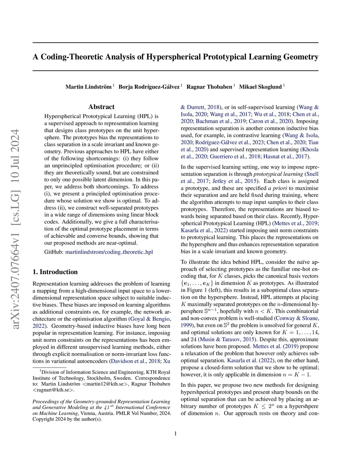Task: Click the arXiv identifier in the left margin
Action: point(15,229)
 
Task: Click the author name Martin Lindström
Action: point(88,87)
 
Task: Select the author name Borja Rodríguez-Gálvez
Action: point(149,87)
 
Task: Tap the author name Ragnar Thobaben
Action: point(209,87)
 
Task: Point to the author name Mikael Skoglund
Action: point(260,87)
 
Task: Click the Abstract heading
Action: point(101,107)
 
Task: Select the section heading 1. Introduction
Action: point(55,272)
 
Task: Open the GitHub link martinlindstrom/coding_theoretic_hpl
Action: point(109,252)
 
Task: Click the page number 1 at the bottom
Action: point(175,434)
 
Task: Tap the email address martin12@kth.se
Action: point(106,384)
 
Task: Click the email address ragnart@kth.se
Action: point(53,390)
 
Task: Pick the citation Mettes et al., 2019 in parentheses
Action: point(296,223)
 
